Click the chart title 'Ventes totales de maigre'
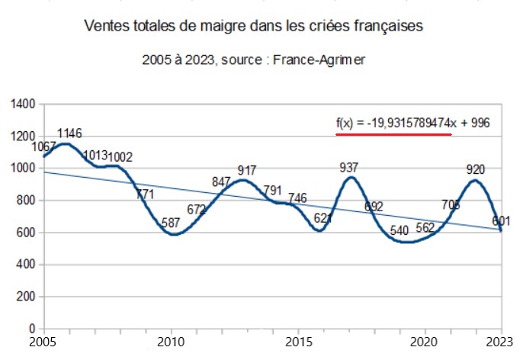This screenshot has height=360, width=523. tap(252, 27)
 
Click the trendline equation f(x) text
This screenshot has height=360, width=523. tap(412, 123)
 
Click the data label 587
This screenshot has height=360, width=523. tap(173, 223)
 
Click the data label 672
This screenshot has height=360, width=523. tap(197, 209)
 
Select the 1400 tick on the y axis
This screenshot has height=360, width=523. tap(23, 104)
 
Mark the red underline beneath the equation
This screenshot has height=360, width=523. tap(393, 134)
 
